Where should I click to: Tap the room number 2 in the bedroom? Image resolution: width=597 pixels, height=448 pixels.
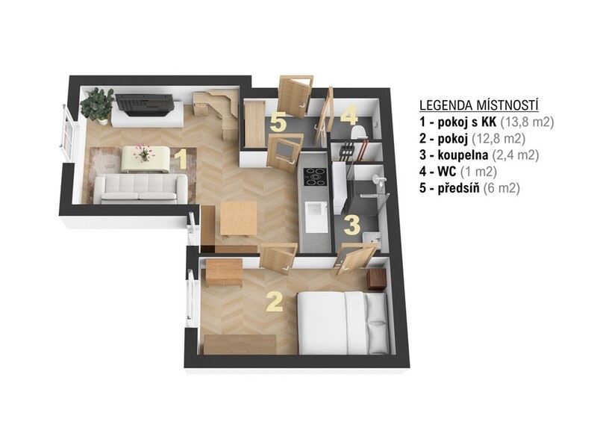(x=275, y=302)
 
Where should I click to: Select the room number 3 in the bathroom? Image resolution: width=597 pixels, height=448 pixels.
(x=351, y=225)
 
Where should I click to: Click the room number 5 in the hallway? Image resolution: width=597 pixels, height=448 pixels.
(x=278, y=122)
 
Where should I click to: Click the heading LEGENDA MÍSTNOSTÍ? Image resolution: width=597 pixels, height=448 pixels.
(x=478, y=105)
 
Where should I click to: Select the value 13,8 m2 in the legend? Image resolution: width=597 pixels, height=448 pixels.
(x=527, y=122)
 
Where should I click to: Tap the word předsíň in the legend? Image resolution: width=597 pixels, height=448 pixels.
(x=458, y=188)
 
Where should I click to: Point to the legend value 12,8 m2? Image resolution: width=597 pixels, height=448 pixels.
(x=498, y=139)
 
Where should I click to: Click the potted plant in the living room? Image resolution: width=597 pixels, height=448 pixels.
(x=98, y=105)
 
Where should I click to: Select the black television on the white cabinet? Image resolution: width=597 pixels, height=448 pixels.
(x=145, y=105)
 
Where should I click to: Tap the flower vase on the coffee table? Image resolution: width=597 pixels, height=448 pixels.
(x=143, y=153)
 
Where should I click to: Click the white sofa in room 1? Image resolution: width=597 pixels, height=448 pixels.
(x=141, y=189)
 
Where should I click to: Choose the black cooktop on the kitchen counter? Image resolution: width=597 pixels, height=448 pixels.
(x=314, y=177)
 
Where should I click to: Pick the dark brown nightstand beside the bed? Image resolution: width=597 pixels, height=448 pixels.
(x=377, y=279)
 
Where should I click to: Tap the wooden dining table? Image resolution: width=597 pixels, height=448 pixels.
(x=239, y=219)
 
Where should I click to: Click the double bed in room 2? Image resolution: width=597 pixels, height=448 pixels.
(x=343, y=323)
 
